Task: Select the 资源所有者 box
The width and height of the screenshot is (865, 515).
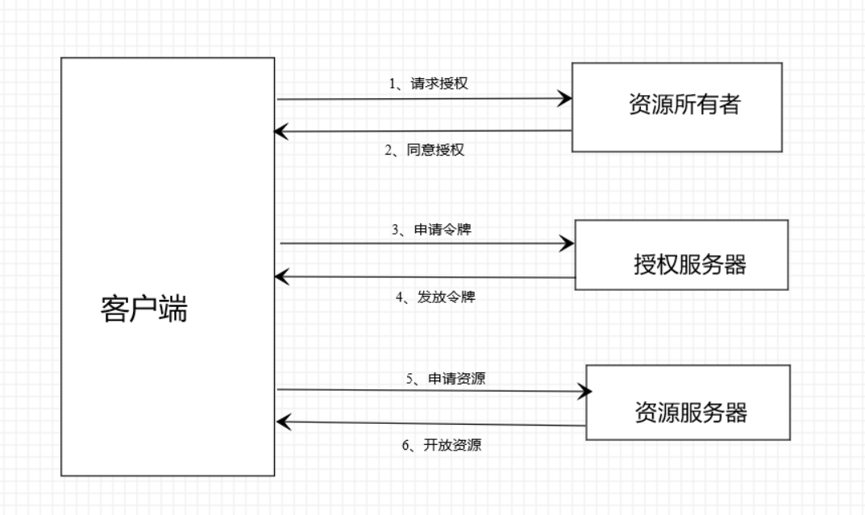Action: coord(678,105)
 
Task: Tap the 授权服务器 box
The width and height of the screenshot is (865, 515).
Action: coord(682,255)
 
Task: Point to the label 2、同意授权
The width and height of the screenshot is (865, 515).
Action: coord(425,150)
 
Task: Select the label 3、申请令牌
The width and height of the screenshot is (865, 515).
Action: coord(431,229)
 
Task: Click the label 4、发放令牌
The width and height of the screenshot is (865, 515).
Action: coord(435,297)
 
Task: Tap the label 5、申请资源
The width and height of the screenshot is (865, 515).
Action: coord(445,377)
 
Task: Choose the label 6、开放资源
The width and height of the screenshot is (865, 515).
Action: coord(442,445)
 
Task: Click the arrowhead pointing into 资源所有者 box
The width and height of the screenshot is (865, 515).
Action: coord(565,100)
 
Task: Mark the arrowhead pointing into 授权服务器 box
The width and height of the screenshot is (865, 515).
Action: coord(568,243)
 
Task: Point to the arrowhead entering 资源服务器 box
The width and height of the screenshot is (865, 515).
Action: coord(584,392)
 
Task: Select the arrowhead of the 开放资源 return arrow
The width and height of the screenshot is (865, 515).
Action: coord(282,422)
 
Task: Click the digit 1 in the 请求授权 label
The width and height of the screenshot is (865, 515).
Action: coord(391,83)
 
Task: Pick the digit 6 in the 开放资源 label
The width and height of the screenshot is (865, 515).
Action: coord(405,445)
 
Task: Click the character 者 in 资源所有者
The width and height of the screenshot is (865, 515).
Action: coord(729,106)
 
